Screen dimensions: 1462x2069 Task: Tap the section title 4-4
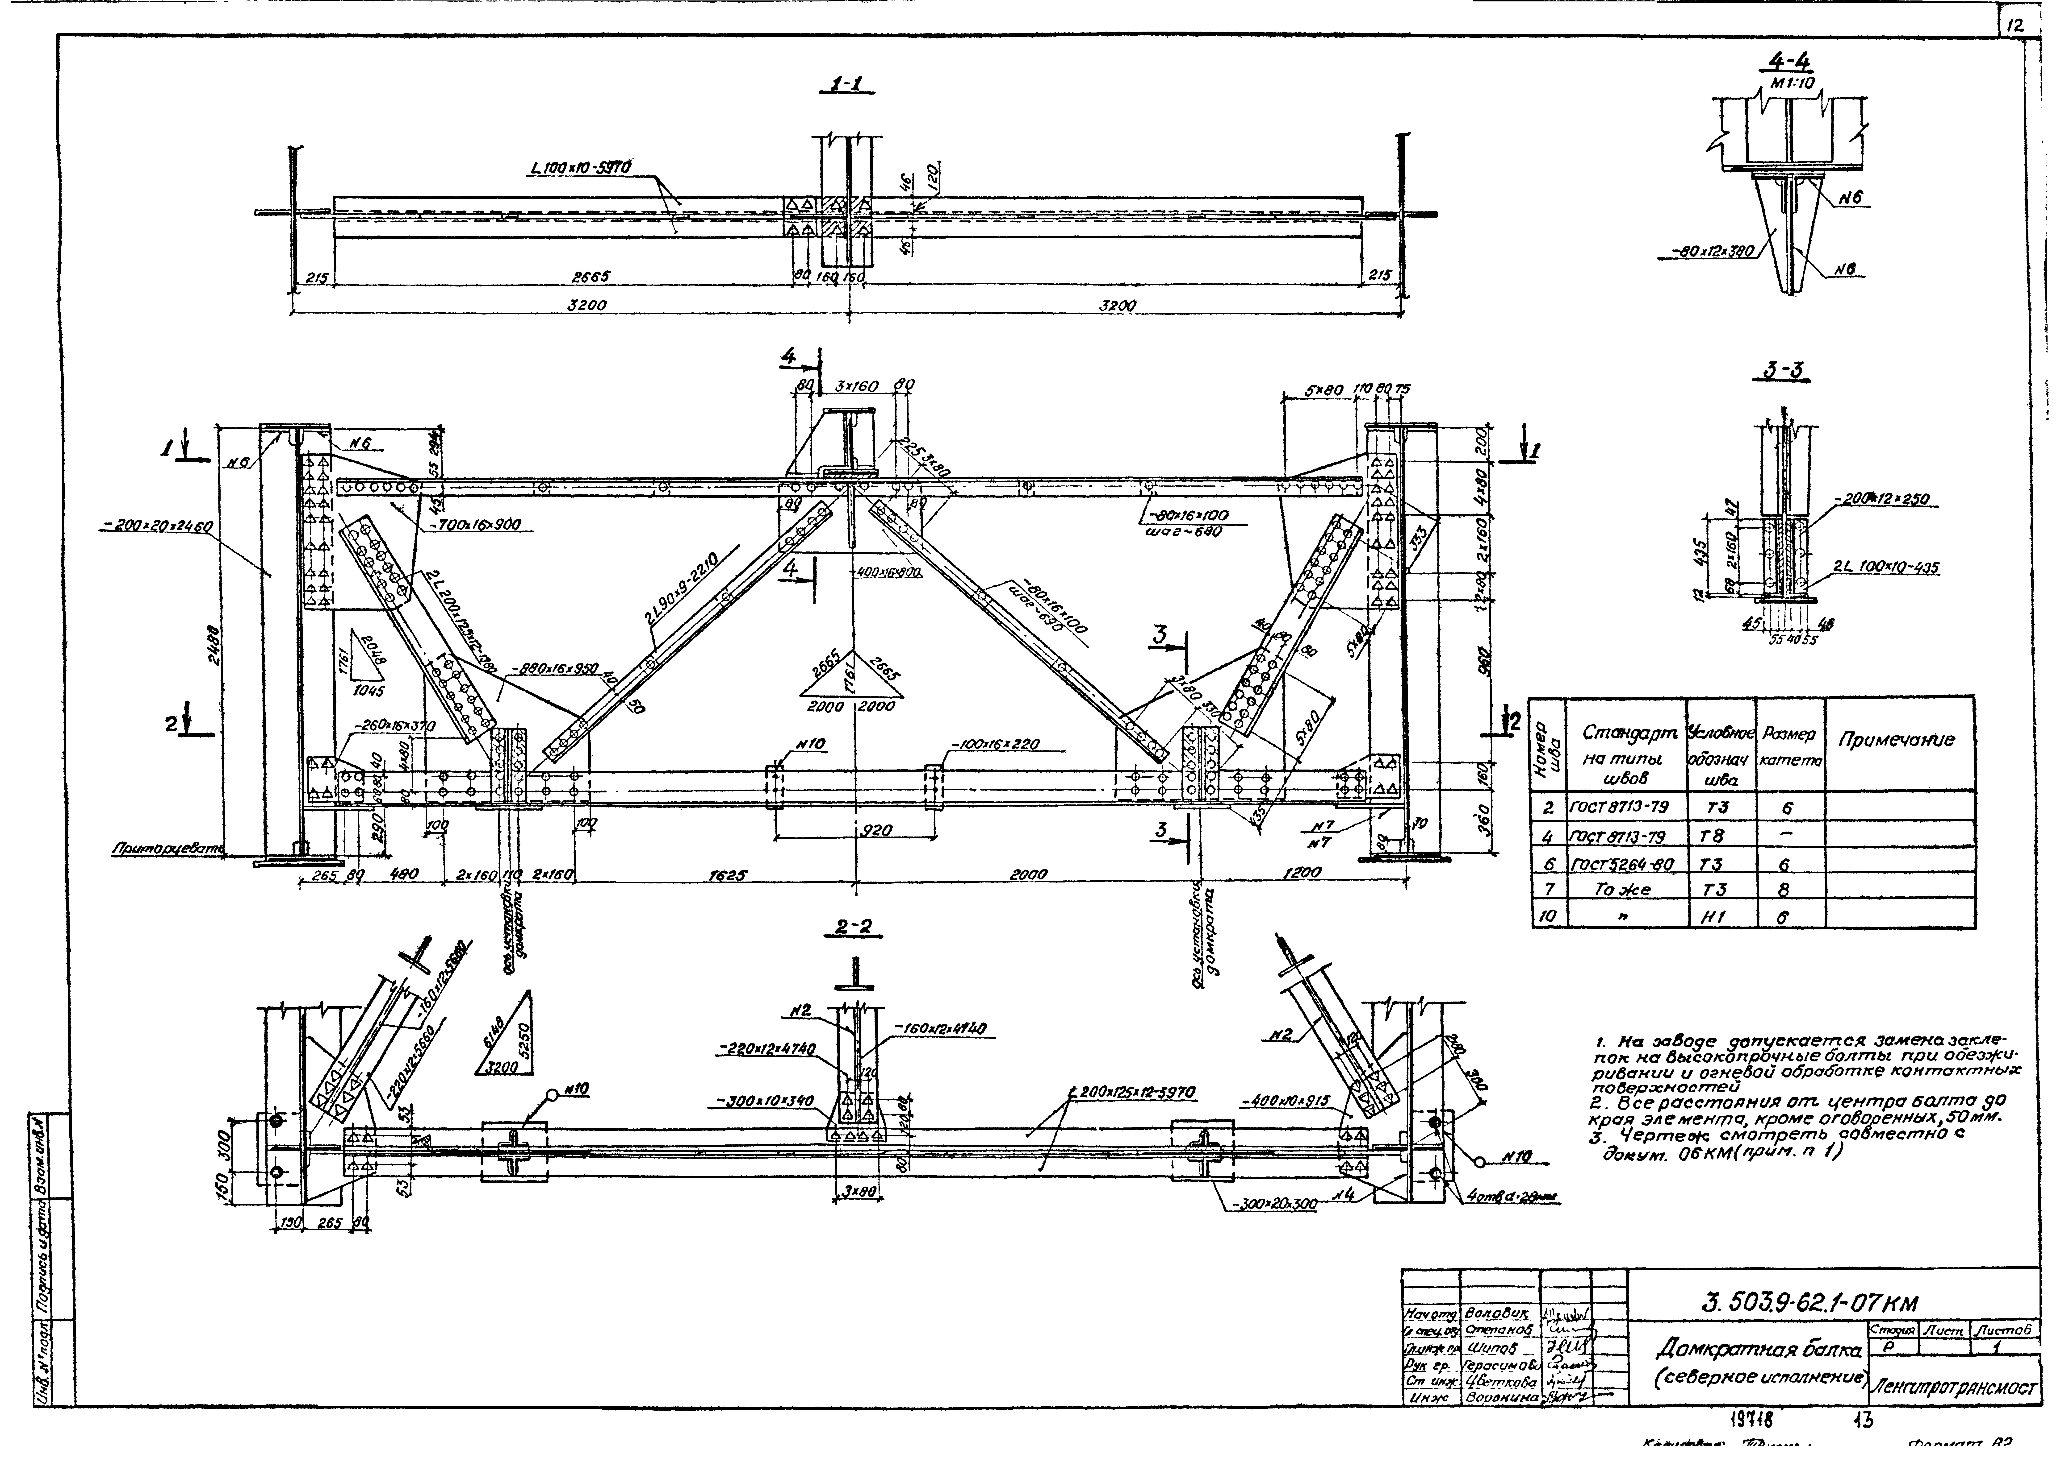pyautogui.click(x=1787, y=61)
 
